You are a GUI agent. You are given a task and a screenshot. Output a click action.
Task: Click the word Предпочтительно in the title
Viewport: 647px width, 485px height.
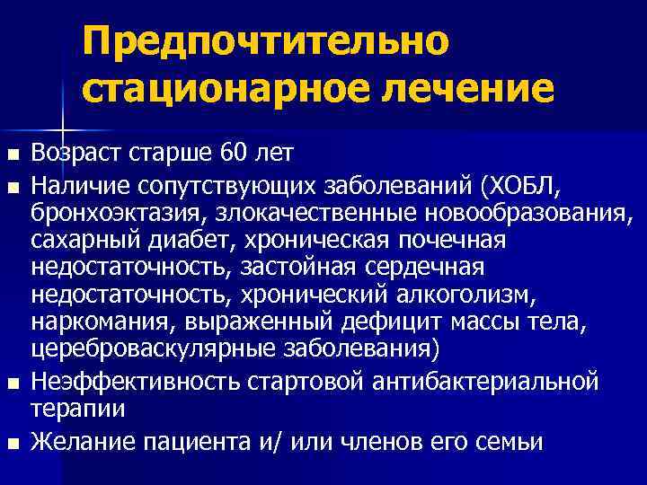(x=264, y=41)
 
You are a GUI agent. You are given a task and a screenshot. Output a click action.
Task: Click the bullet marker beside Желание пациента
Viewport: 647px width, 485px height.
(x=12, y=443)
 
